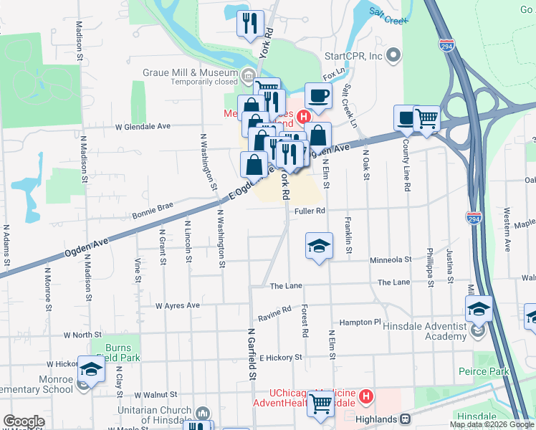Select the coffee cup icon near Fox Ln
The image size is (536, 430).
(x=318, y=95)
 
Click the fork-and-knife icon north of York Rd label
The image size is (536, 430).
(x=250, y=24)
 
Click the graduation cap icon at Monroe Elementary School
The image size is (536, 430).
(x=91, y=369)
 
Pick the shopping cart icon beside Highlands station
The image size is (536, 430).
(x=320, y=405)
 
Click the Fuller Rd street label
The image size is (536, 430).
(x=310, y=211)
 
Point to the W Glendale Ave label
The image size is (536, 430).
(x=143, y=126)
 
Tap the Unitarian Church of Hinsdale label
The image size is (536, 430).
(x=155, y=415)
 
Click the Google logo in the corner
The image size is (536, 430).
(x=24, y=421)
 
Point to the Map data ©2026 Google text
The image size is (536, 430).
(x=491, y=424)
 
